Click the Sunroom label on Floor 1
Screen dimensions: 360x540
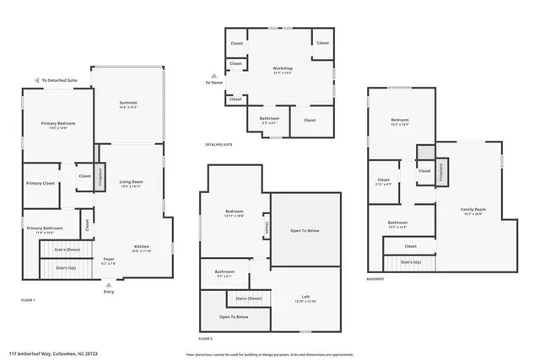[128, 105]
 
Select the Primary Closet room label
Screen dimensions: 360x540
[40, 183]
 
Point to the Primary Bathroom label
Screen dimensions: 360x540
[44, 229]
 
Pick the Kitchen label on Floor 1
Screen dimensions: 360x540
[142, 248]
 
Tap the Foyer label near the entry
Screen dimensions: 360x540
[109, 261]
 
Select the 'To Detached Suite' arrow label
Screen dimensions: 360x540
[59, 81]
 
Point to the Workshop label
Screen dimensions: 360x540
[282, 69]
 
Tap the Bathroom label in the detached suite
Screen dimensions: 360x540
[269, 120]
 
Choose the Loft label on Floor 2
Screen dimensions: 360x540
[305, 298]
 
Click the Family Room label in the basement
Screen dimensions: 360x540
[472, 210]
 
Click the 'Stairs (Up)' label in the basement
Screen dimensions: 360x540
[411, 262]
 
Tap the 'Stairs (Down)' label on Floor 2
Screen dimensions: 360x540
[249, 299]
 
